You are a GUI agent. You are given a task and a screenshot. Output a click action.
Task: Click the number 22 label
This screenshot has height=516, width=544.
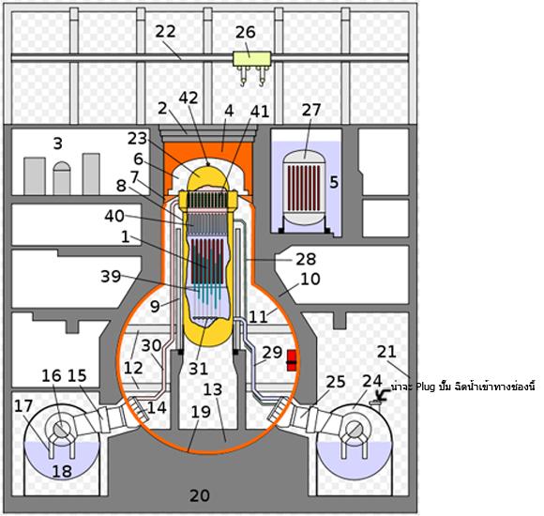tap(165, 32)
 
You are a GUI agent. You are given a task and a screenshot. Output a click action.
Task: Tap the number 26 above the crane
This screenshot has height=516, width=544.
tap(246, 32)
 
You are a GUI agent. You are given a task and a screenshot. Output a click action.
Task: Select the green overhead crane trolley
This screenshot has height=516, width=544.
tap(251, 59)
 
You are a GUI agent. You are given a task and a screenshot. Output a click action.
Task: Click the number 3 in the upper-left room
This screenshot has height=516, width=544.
tap(58, 144)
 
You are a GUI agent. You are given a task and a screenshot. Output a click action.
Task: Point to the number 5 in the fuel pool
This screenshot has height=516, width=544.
tap(334, 182)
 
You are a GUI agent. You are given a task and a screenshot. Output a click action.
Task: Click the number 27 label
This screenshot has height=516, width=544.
tap(311, 110)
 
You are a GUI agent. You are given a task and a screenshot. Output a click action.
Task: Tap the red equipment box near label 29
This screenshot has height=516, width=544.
tap(292, 360)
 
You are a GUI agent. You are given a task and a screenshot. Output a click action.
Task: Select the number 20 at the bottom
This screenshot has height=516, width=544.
tap(200, 495)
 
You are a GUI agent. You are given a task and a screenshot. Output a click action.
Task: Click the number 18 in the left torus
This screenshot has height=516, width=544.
tap(62, 471)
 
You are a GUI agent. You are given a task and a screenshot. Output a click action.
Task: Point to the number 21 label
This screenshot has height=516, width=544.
tap(386, 352)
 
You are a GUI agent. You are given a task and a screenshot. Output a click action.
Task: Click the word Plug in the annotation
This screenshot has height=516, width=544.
tap(425, 387)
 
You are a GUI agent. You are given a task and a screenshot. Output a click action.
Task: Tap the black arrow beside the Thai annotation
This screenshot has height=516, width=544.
tap(383, 395)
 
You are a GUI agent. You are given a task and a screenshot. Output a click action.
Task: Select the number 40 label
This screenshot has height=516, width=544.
tap(114, 216)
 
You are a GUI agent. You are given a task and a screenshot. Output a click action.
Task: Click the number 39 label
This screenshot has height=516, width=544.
tap(111, 276)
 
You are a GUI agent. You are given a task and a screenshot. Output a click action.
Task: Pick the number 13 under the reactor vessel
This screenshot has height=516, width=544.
tap(212, 389)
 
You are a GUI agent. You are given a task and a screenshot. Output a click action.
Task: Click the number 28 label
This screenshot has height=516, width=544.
tap(306, 259)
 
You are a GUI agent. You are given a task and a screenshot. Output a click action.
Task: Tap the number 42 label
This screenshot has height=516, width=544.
tap(189, 98)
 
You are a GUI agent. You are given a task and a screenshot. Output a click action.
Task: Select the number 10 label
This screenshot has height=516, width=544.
tap(310, 279)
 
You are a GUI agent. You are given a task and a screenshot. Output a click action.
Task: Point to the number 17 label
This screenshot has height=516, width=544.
tap(23, 406)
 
